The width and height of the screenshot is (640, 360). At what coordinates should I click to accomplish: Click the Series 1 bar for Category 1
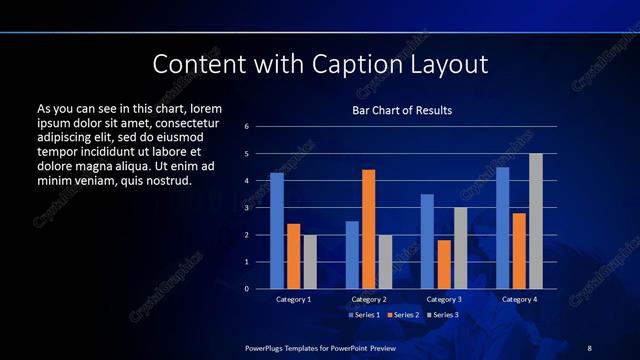[277, 231]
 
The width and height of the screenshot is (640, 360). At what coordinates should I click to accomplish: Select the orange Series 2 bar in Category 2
[368, 229]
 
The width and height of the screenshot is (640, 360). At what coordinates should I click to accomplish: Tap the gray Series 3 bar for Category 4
[536, 221]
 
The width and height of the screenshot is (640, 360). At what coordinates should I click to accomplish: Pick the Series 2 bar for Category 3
[444, 264]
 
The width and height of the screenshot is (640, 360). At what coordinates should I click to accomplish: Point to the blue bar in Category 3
[427, 241]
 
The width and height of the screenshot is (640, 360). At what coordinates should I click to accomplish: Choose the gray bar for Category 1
[310, 262]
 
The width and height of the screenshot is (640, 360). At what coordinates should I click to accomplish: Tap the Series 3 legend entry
[444, 315]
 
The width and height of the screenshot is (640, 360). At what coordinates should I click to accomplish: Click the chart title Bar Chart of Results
[402, 110]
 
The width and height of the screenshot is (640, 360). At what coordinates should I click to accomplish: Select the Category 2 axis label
[369, 299]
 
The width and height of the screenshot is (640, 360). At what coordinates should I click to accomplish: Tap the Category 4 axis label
[519, 299]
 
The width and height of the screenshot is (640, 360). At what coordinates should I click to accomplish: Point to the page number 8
[589, 347]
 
